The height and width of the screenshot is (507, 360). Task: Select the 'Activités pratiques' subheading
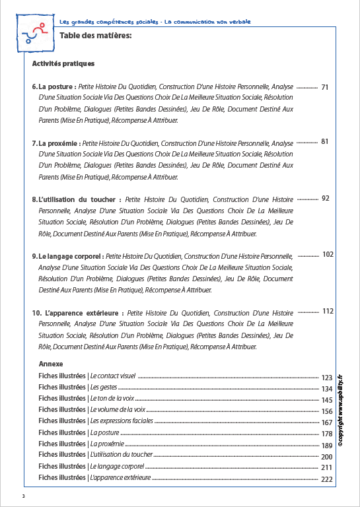tap(63, 64)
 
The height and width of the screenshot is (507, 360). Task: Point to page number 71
tap(325, 86)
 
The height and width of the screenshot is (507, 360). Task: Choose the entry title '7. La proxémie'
tap(57, 143)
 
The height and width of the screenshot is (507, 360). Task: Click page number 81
tap(325, 141)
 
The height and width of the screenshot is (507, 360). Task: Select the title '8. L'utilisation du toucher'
tap(76, 199)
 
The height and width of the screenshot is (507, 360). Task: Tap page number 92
tap(325, 198)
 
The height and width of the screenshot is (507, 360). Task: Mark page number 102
tap(328, 254)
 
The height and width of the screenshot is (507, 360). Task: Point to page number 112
tap(328, 311)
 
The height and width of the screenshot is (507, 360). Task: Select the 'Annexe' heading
tap(51, 364)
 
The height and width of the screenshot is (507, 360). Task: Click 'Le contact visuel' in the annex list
tap(113, 375)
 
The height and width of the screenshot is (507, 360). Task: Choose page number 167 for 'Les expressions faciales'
tap(326, 422)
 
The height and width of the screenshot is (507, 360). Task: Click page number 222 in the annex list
tap(326, 479)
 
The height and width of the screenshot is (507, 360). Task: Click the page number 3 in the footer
tap(23, 496)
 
